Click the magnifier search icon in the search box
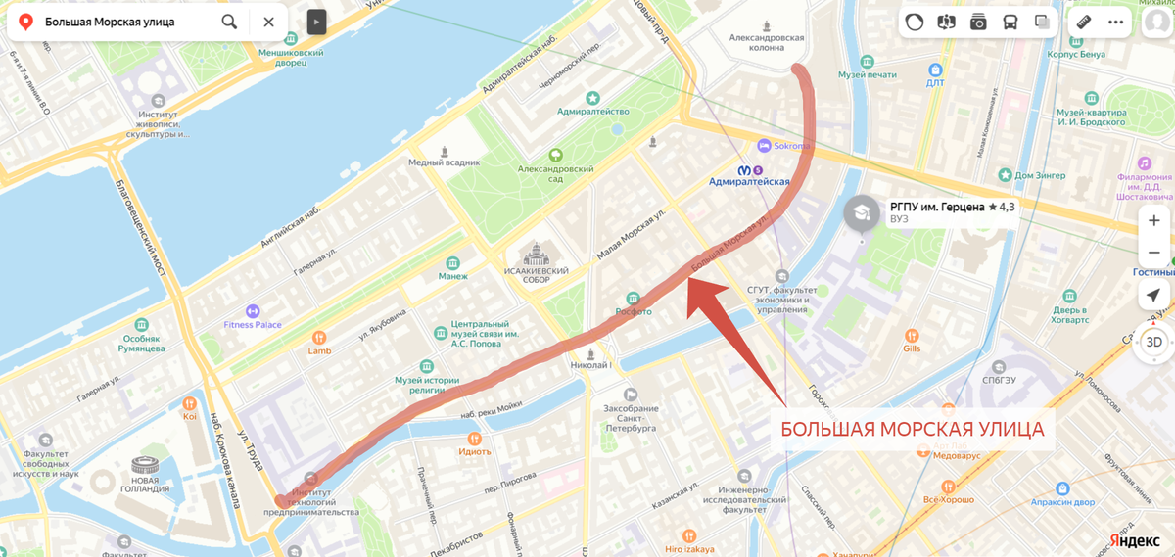pos(229,22)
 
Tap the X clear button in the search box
pos(268,22)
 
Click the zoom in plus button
pos(1154,221)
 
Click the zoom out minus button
pos(1154,253)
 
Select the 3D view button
pos(1154,342)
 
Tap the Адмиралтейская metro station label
pos(749,182)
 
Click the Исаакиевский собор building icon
pos(536,257)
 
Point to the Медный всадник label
pos(445,162)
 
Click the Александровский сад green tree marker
pos(555,156)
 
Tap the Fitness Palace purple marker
pos(253,311)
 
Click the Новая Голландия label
pos(145,488)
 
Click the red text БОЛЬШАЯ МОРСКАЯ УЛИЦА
pos(912,430)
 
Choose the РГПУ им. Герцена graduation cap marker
pos(862,212)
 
